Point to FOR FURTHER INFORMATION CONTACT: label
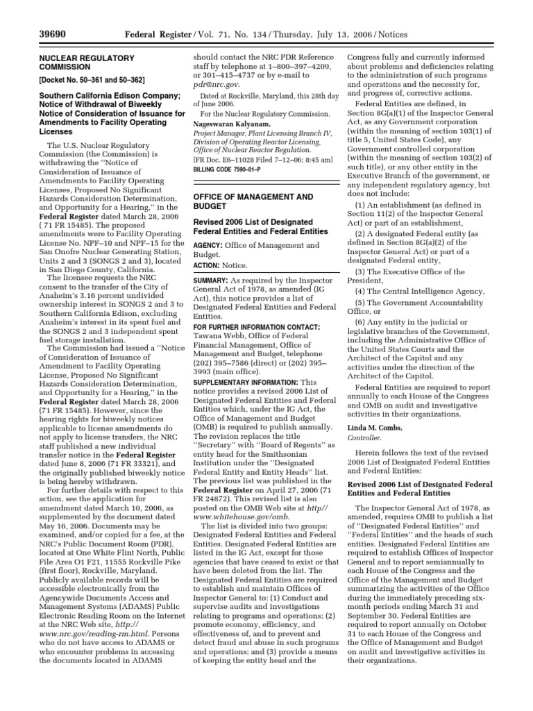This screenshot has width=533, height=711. pyautogui.click(x=256, y=326)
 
